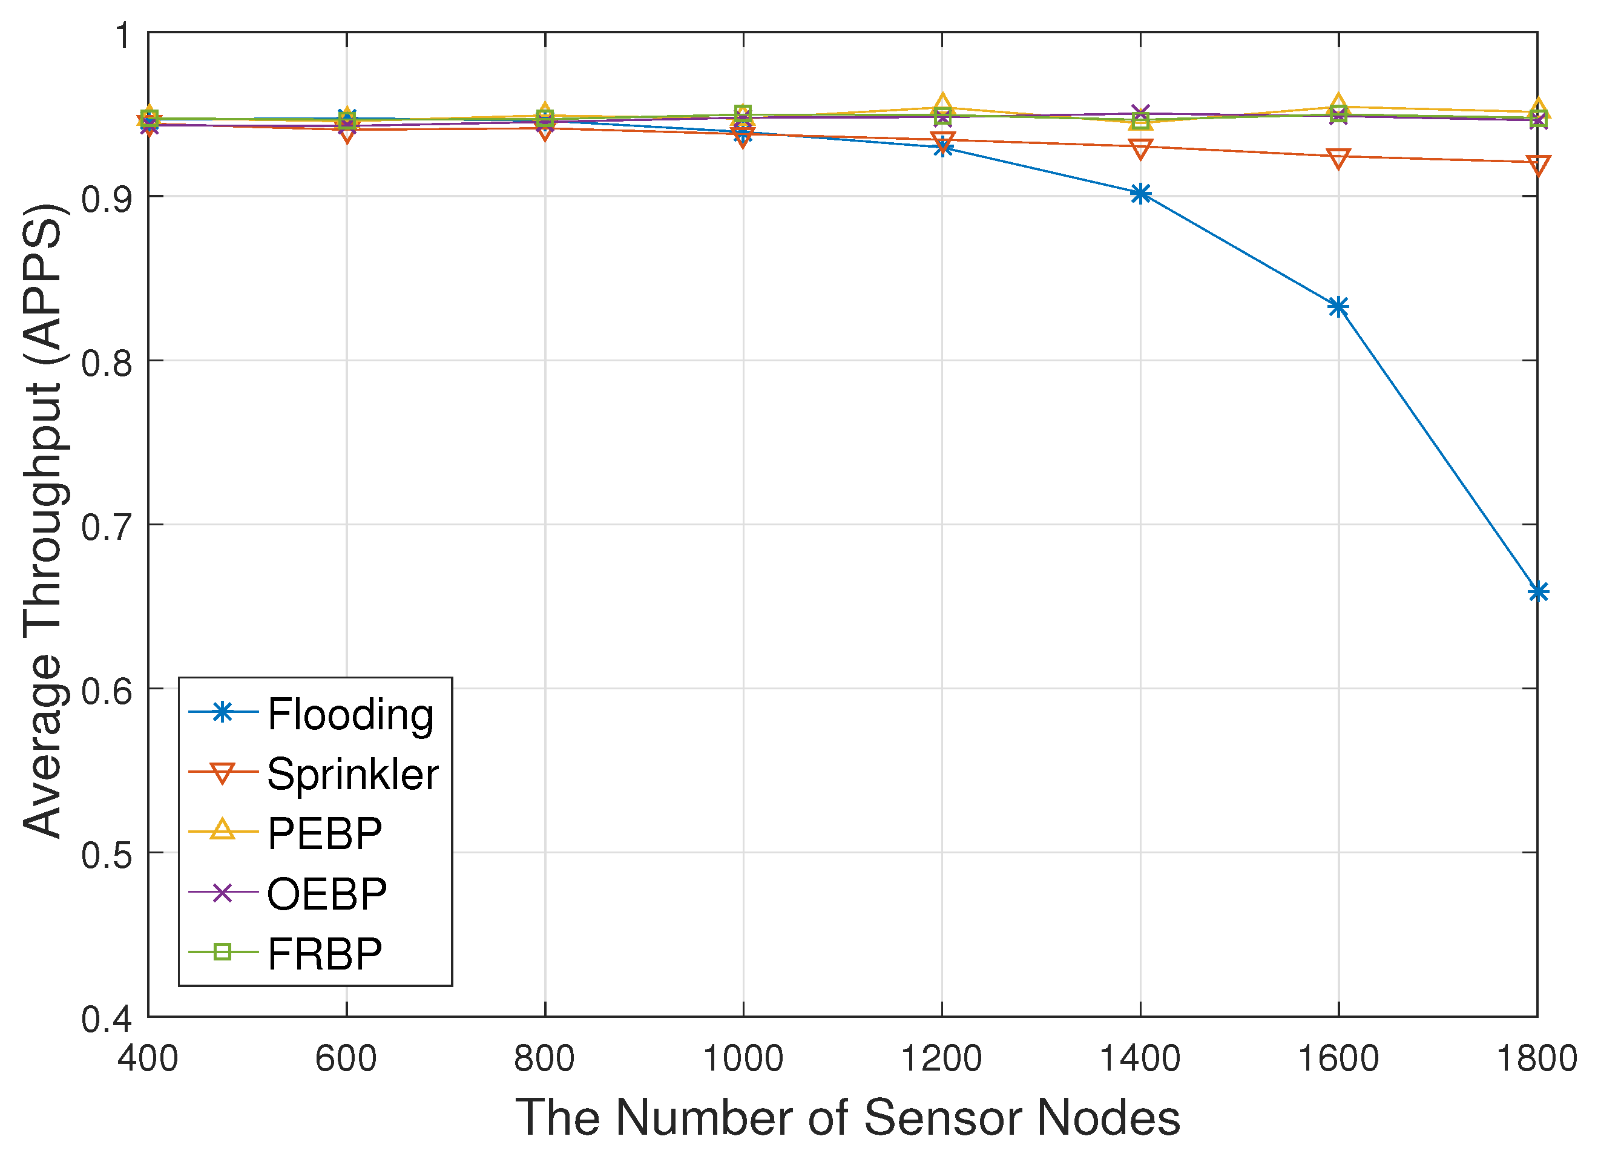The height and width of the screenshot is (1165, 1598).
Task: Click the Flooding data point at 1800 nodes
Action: pyautogui.click(x=1537, y=592)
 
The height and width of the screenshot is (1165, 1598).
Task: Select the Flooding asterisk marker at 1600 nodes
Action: pyautogui.click(x=1338, y=307)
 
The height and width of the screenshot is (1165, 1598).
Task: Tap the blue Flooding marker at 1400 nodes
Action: pyautogui.click(x=1140, y=193)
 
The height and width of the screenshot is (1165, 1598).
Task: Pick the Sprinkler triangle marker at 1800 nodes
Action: pyautogui.click(x=1537, y=165)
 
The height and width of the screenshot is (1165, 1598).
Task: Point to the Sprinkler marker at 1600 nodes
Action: pyautogui.click(x=1338, y=158)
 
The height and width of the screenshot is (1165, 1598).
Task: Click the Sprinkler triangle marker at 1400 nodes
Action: pyautogui.click(x=1140, y=149)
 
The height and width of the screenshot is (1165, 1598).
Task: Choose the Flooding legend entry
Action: pyautogui.click(x=350, y=714)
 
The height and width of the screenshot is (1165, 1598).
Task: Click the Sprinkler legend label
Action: pyautogui.click(x=353, y=773)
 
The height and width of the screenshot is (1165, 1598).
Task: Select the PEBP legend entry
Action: pyautogui.click(x=324, y=833)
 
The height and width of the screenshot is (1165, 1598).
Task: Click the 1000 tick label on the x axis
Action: pyautogui.click(x=743, y=1059)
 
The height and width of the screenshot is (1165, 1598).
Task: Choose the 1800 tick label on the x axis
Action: pyautogui.click(x=1537, y=1059)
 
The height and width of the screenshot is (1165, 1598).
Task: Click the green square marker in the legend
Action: pyautogui.click(x=222, y=953)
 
